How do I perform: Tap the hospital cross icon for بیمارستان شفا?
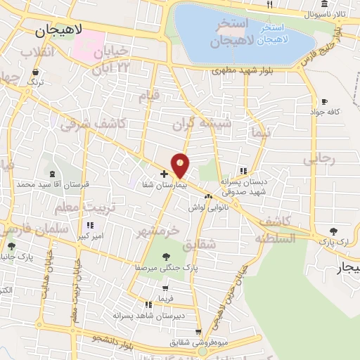pos(164,173)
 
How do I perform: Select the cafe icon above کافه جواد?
pos(324,101)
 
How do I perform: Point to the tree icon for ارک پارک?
pos(333,231)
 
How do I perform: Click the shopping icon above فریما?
pos(165,288)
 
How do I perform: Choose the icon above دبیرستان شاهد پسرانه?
pos(148,304)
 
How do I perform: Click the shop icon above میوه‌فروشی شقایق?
pos(199,332)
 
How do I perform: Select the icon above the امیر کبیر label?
pos(89,225)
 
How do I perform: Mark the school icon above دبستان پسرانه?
pos(243,170)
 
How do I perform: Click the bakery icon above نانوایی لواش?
pos(208,196)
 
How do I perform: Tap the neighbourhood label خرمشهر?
pos(158,231)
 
